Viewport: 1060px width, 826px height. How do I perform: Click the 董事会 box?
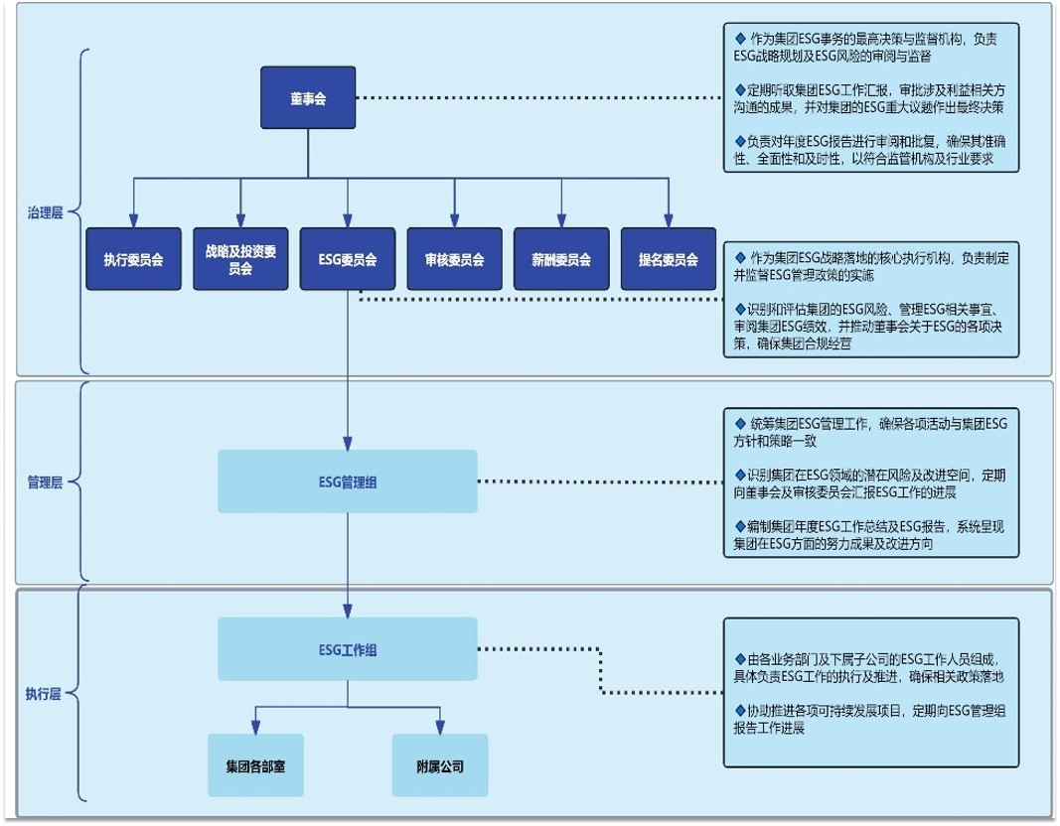[x=308, y=98]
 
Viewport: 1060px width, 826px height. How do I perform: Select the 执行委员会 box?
[x=133, y=259]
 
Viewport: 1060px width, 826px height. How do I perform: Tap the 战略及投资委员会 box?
[x=240, y=259]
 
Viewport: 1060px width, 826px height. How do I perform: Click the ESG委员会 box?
[x=347, y=259]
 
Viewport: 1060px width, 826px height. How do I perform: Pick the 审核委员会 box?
[x=454, y=259]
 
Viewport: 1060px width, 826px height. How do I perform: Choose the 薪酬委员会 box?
[x=561, y=259]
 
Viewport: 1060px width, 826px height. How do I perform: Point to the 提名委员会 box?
[x=668, y=259]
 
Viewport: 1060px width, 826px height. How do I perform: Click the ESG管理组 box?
[x=347, y=482]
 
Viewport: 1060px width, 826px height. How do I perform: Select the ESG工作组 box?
[x=347, y=649]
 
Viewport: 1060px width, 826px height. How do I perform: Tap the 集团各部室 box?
[x=255, y=765]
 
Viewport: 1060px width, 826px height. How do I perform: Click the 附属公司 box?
[x=439, y=765]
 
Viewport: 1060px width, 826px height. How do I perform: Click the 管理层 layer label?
[x=45, y=482]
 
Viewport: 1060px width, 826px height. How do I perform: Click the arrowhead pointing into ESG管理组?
[x=348, y=443]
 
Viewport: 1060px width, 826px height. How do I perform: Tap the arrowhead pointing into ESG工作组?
[x=348, y=611]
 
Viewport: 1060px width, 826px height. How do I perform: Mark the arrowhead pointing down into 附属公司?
[x=439, y=728]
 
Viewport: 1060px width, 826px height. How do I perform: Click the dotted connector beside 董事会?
[x=536, y=98]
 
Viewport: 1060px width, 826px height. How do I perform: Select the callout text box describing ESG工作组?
[x=870, y=692]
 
